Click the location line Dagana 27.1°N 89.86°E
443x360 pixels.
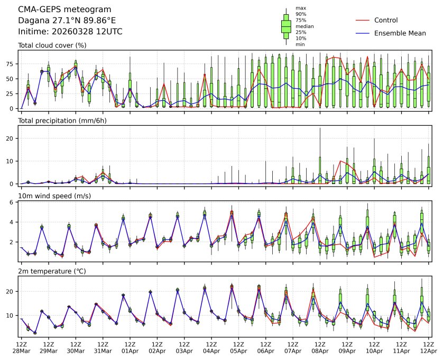67,21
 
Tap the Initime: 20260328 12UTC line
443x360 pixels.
70,32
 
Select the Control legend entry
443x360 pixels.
385,20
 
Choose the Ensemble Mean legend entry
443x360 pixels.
400,33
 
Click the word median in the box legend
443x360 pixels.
304,26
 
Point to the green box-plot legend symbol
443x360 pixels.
287,26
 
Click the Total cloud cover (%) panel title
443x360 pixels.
52,45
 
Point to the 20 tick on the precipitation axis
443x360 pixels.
11,138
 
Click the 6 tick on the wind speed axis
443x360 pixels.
12,202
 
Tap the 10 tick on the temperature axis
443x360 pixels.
11,315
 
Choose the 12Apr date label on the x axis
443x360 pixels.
429,350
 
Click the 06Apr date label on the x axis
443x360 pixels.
266,350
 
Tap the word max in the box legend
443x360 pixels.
301,8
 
